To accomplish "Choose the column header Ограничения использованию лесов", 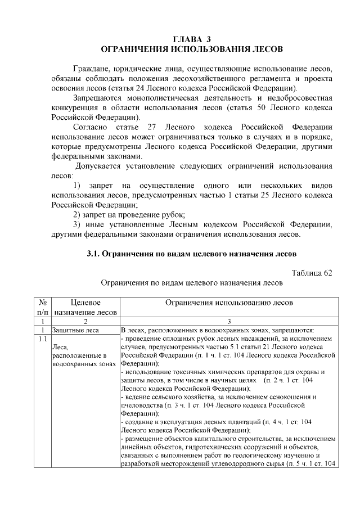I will (229, 303).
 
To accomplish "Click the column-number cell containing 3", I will (229, 321).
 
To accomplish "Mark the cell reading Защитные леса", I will (75, 330).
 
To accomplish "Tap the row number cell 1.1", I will (42, 339).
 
